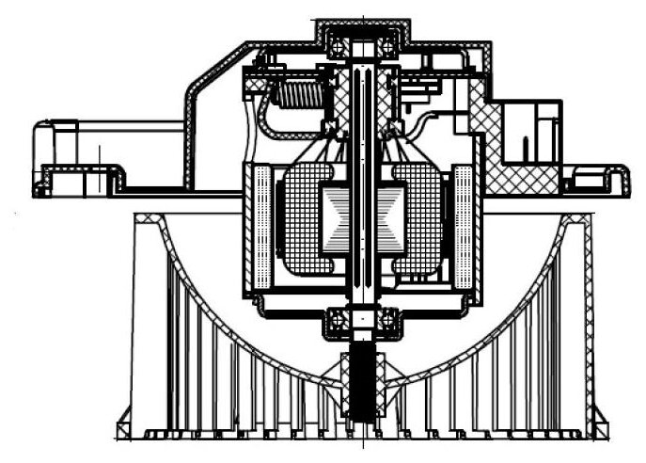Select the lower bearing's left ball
click(x=336, y=322)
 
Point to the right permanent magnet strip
click(x=463, y=226)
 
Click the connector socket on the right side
click(x=530, y=132)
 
